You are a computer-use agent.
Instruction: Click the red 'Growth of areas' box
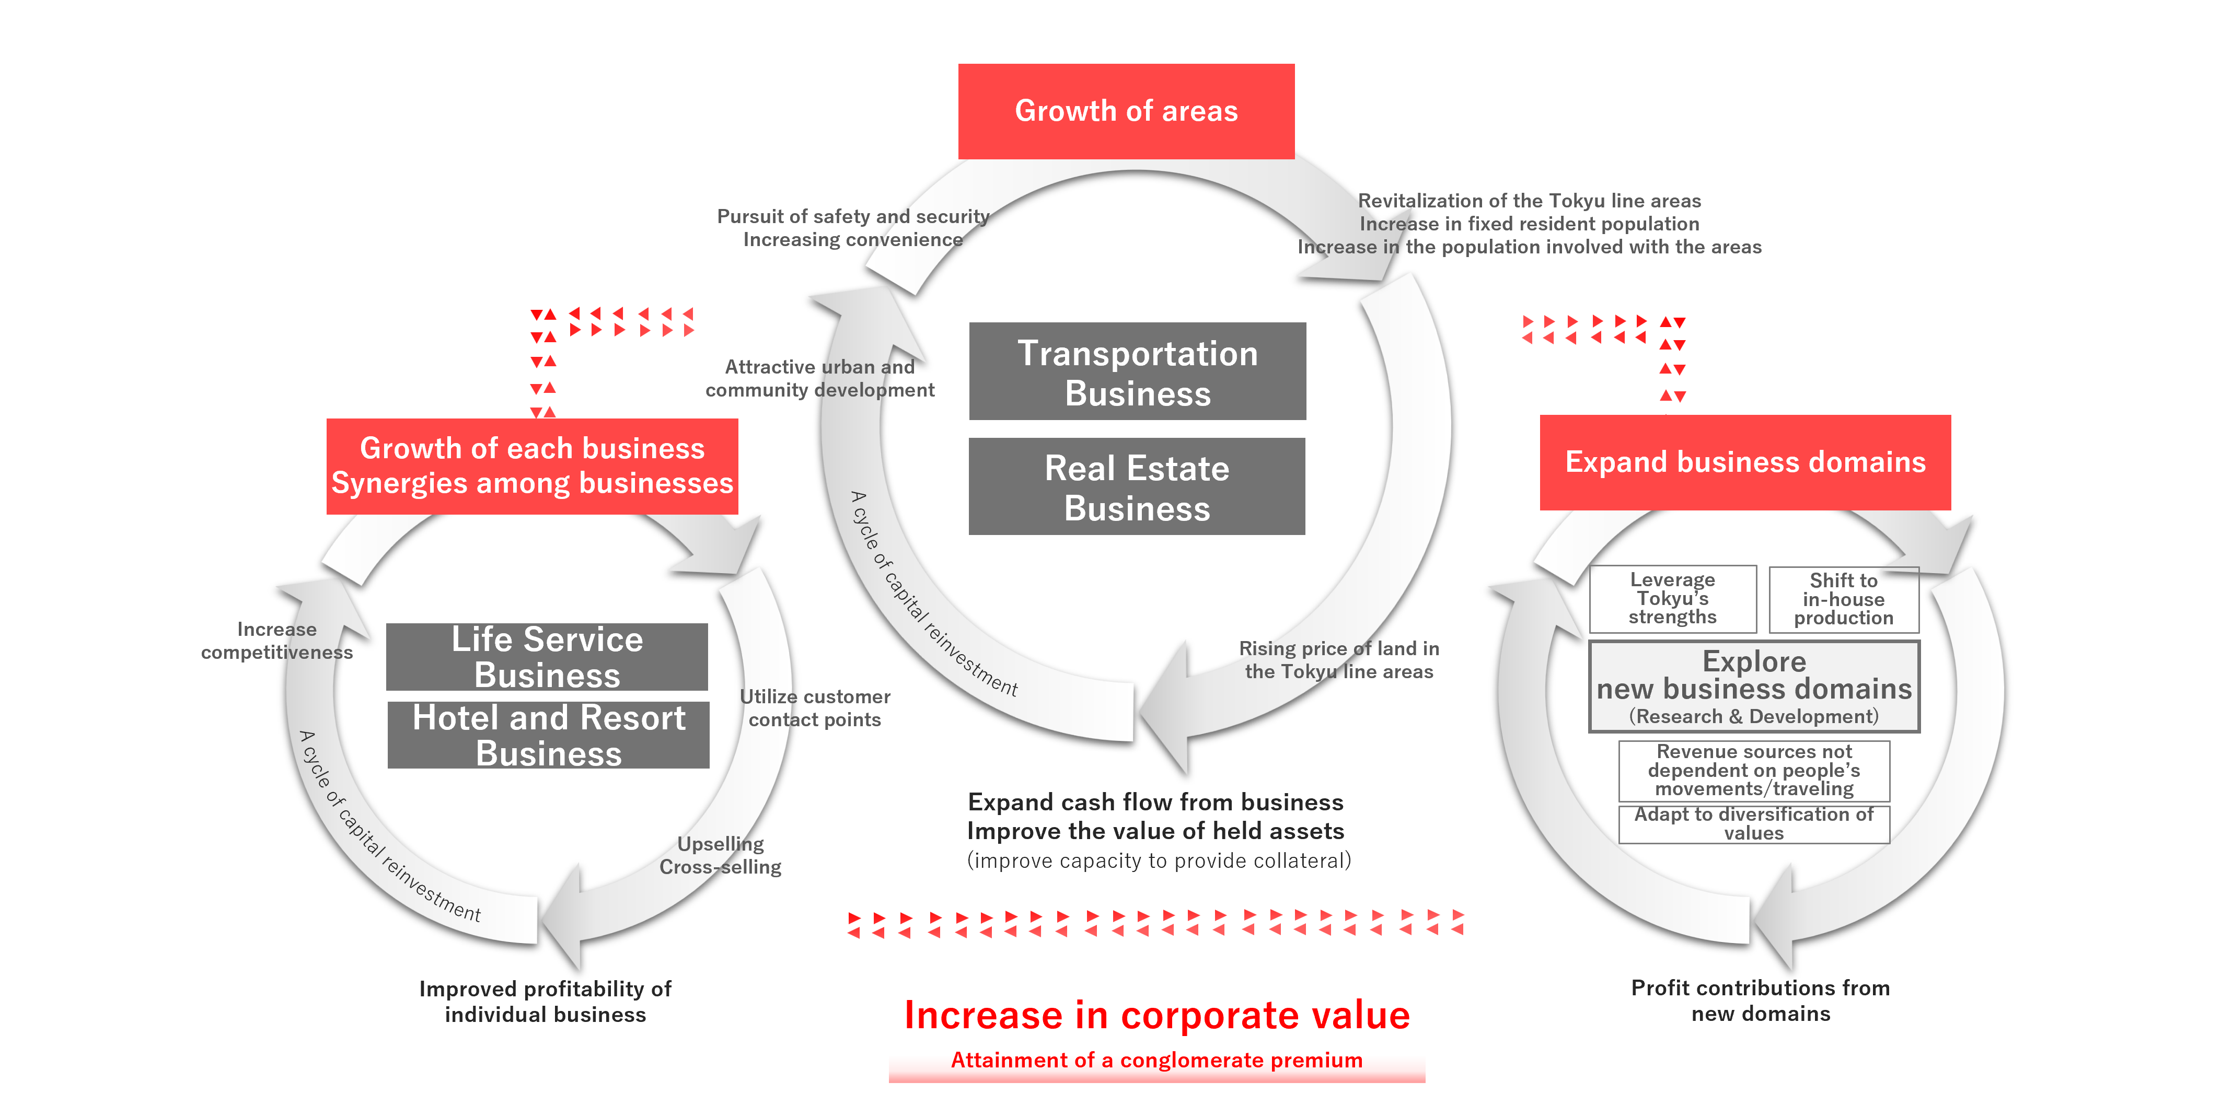pyautogui.click(x=1126, y=111)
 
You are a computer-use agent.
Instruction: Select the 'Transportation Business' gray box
pyautogui.click(x=1137, y=371)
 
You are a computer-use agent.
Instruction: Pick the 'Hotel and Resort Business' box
pyautogui.click(x=548, y=735)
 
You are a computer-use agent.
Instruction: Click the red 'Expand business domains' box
pyautogui.click(x=1745, y=462)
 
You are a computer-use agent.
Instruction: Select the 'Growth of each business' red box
pyautogui.click(x=532, y=467)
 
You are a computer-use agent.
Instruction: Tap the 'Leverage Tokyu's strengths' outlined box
pyautogui.click(x=1673, y=598)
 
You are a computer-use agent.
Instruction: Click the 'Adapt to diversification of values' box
pyautogui.click(x=1754, y=824)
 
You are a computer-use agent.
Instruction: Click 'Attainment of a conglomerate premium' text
pyautogui.click(x=1156, y=1060)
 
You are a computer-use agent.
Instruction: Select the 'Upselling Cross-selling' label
pyautogui.click(x=721, y=855)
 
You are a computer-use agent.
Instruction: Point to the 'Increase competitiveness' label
pyautogui.click(x=277, y=641)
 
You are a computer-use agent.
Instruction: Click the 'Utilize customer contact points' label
pyautogui.click(x=815, y=708)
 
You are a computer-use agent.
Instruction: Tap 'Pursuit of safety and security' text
pyautogui.click(x=853, y=216)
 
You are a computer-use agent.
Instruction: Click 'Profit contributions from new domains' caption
pyautogui.click(x=1761, y=1000)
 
